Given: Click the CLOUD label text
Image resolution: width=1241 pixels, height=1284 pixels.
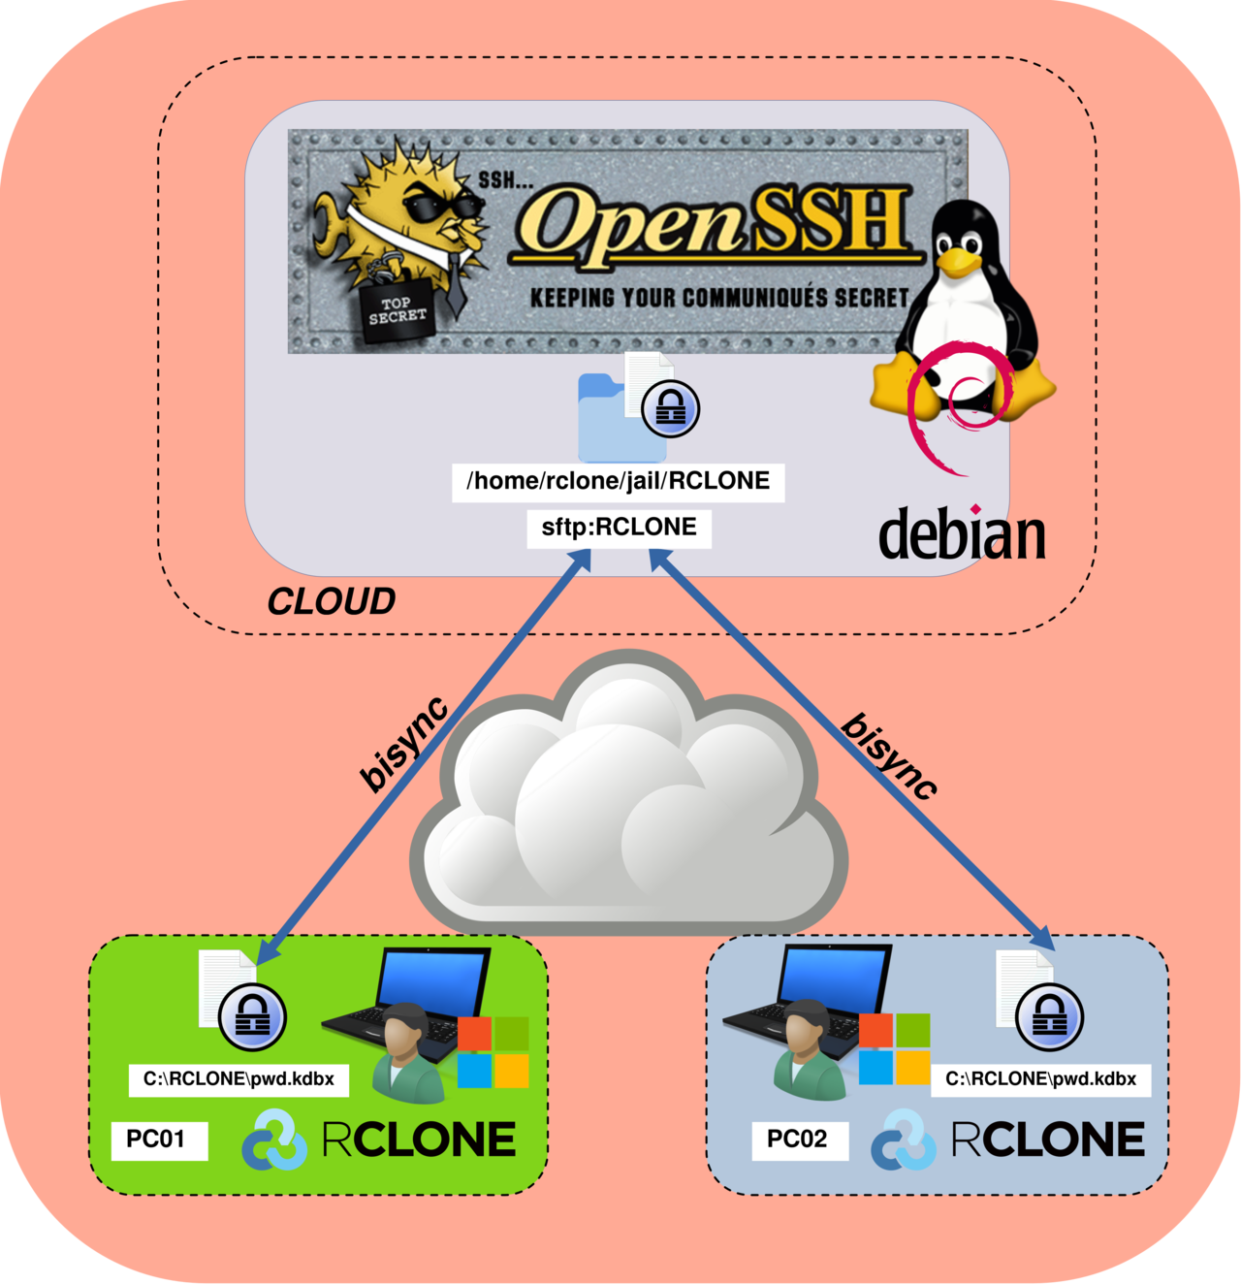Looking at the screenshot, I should tap(331, 602).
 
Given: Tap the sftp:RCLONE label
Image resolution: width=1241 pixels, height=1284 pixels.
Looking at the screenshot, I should tap(619, 528).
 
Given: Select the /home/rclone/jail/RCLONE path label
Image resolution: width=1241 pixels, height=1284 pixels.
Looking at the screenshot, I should tap(619, 481).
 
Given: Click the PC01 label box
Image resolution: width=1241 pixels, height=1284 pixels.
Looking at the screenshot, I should tap(156, 1139).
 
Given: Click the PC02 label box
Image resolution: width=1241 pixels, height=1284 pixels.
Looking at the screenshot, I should tap(798, 1140).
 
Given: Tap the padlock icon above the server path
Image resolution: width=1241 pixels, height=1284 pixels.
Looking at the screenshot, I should tap(670, 407).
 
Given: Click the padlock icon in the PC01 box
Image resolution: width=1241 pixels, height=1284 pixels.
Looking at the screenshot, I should tap(252, 1017).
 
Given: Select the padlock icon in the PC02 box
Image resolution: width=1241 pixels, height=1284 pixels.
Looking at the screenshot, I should tap(1049, 1016).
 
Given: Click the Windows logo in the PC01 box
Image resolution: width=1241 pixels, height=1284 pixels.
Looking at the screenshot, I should tap(493, 1052).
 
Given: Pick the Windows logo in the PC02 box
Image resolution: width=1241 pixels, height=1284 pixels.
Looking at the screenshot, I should tap(894, 1049).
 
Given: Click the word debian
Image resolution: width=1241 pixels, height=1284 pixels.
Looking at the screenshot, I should tap(962, 534).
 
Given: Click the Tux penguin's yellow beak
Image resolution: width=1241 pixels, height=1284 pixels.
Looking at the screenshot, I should tap(960, 261).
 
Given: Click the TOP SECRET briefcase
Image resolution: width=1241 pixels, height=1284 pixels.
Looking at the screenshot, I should tap(398, 310).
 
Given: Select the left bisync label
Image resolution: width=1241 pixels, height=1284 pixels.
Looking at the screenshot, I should tap(404, 744).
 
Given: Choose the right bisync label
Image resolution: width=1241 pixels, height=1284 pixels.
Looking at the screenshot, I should tap(889, 756).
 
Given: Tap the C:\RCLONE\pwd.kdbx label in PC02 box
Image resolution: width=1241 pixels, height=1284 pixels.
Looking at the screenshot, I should tap(1040, 1079).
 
